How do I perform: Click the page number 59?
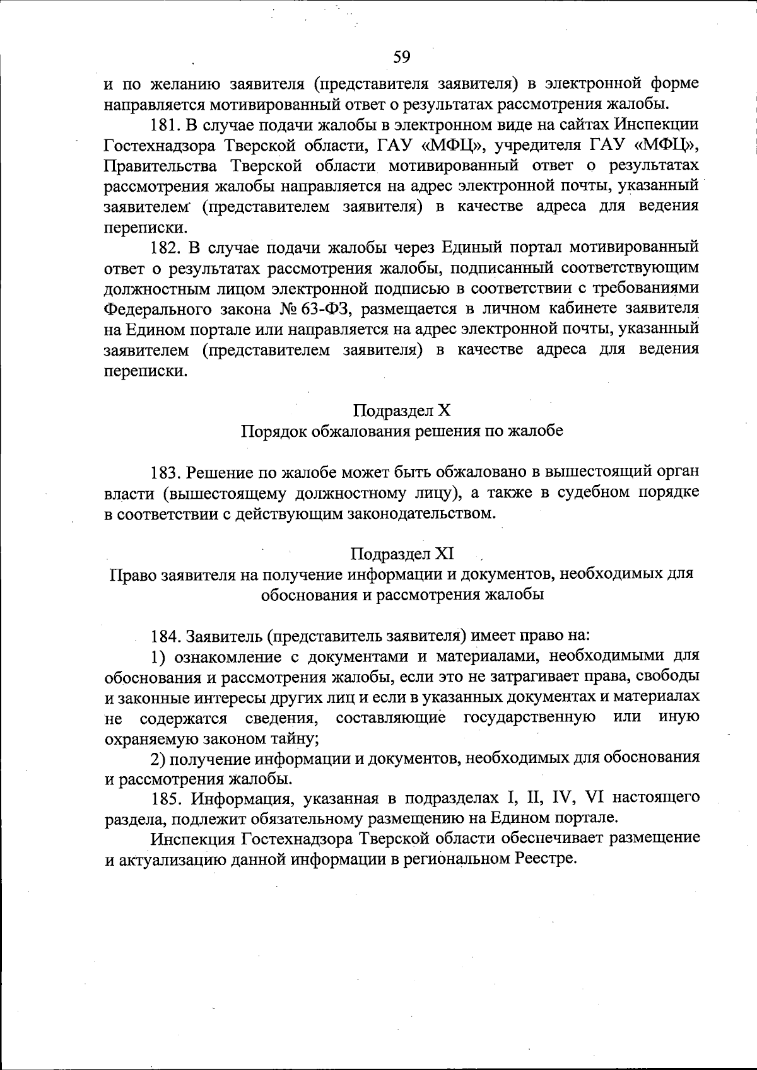(x=402, y=58)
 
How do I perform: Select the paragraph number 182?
(x=165, y=247)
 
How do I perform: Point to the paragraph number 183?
(x=165, y=472)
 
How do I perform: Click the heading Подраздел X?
(x=402, y=411)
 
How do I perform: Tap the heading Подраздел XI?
(x=402, y=554)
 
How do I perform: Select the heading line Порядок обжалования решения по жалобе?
(x=402, y=432)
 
